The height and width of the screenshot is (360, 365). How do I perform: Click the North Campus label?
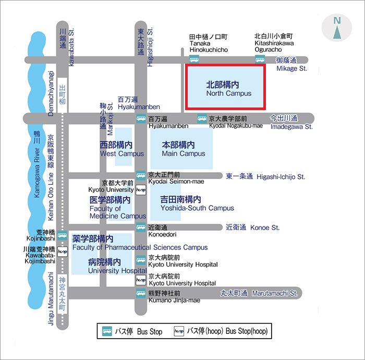tap(229, 93)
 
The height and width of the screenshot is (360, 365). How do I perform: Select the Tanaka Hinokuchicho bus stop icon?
tap(194, 59)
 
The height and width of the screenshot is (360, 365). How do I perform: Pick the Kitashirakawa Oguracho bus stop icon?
tap(260, 59)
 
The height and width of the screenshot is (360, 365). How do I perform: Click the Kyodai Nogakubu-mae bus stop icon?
tap(202, 118)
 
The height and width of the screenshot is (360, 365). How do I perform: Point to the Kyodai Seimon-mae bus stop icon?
tap(141, 175)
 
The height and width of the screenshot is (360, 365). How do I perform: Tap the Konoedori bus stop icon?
tap(141, 227)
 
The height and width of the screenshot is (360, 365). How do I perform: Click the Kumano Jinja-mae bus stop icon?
tap(141, 293)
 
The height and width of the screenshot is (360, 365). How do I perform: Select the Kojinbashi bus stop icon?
tap(62, 235)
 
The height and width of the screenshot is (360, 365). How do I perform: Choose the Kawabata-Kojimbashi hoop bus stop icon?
tap(63, 251)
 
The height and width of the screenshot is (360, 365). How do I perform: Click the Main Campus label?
tap(184, 154)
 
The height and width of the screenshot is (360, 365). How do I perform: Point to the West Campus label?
tap(122, 154)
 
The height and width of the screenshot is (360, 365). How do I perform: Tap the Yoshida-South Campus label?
tap(197, 208)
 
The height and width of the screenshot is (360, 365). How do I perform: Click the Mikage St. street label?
tap(291, 68)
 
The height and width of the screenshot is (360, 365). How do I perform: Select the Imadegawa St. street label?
tap(291, 127)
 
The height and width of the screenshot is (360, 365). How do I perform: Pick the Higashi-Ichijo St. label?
tap(281, 177)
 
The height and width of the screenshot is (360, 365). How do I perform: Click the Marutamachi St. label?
tap(275, 293)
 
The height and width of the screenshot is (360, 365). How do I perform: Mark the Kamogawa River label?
tap(37, 173)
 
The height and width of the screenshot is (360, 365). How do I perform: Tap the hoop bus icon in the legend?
tap(179, 331)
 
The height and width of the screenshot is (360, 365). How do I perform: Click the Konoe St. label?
tap(265, 227)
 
